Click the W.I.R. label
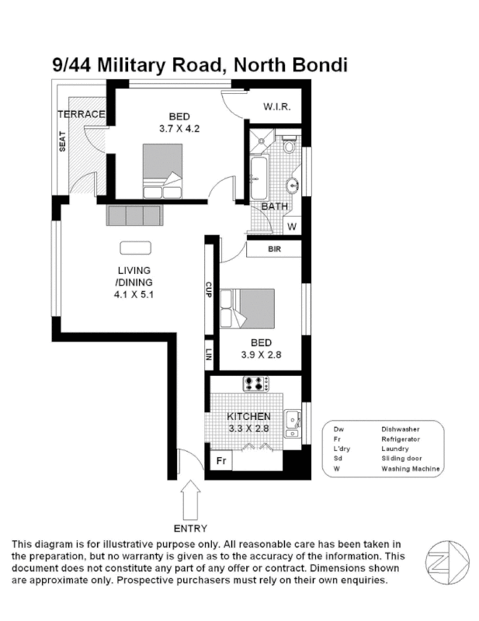(276, 106)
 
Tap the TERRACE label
(81, 114)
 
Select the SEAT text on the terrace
(62, 141)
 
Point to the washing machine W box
(292, 227)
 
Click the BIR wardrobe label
(273, 249)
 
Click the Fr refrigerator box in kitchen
(220, 461)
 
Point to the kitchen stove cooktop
(255, 383)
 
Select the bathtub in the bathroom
(258, 177)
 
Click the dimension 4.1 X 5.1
(134, 294)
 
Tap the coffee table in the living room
(136, 248)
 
